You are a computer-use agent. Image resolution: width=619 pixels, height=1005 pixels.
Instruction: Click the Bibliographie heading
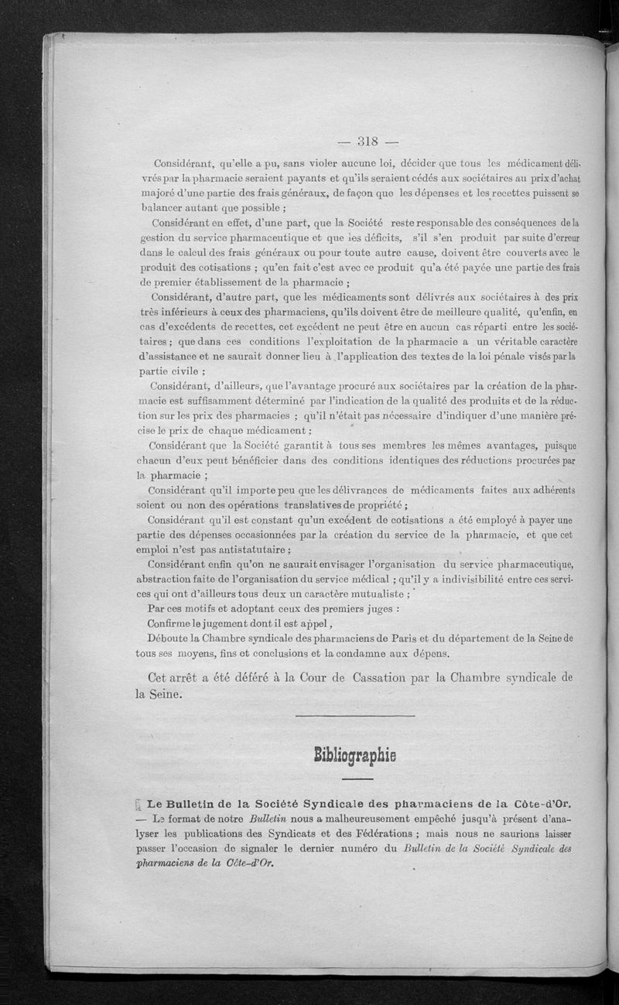355,754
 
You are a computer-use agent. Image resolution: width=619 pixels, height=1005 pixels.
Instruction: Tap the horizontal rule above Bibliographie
355,716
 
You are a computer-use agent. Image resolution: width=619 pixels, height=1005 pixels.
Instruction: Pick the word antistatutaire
251,549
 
